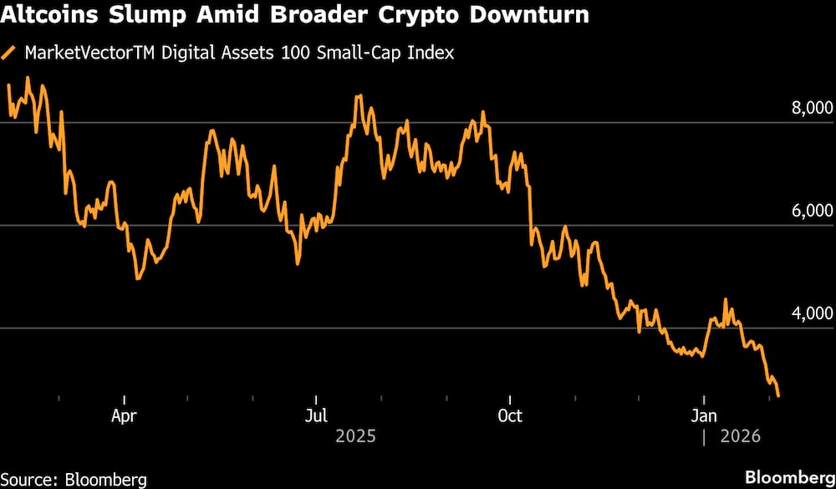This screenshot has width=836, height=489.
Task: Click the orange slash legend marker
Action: point(10,53)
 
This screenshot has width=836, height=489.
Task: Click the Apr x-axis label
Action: point(124,415)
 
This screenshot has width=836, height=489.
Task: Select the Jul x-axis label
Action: point(315,415)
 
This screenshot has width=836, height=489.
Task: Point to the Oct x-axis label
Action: point(509,415)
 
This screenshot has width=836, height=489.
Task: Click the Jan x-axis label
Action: point(704,415)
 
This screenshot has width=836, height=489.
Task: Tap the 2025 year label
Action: point(355,436)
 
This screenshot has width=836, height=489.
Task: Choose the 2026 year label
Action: point(740,436)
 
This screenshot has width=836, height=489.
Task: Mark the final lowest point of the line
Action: point(779,396)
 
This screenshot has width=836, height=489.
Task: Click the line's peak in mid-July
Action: point(359,96)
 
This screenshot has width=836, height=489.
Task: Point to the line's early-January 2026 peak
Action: point(725,300)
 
